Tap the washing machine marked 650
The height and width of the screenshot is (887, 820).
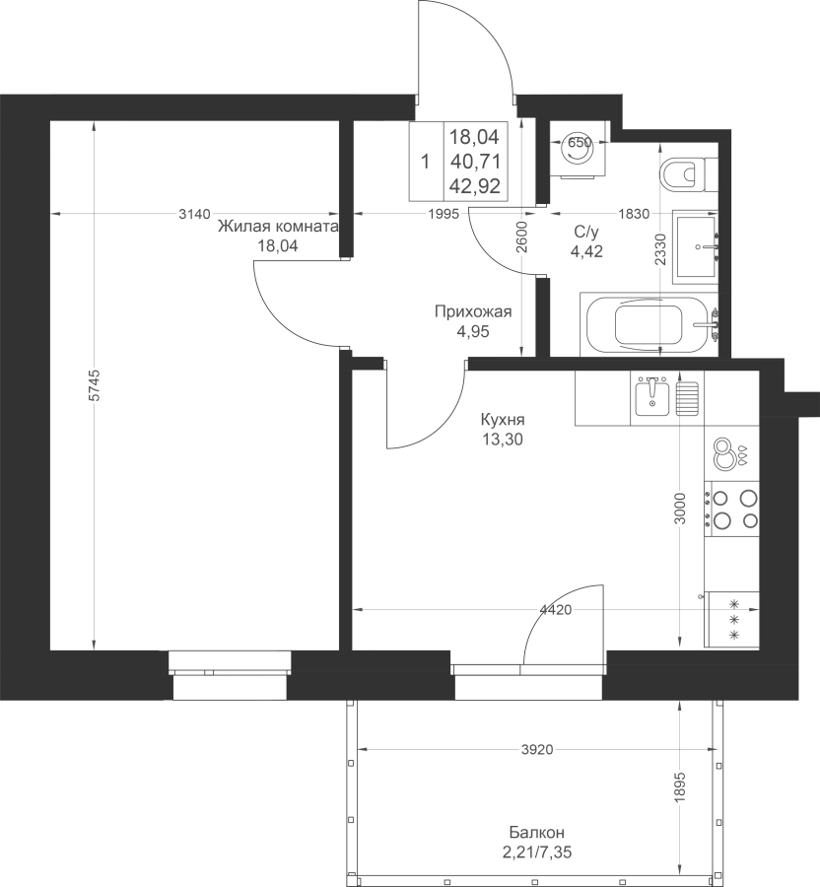coord(580,150)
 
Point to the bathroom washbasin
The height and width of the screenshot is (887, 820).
coord(696,246)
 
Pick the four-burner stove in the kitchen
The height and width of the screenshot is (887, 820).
coord(731,509)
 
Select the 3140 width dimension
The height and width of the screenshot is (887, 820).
coord(194,214)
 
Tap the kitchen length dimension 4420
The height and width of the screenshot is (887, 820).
coord(556,609)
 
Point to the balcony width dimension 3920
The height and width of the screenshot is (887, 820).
coord(537,750)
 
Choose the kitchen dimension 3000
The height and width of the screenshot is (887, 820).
coord(680,509)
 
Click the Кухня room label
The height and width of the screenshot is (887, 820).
coord(503,419)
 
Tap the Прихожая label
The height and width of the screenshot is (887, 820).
coord(473,311)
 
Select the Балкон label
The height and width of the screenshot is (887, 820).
coord(537,832)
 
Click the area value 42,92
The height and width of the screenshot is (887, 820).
coord(475,185)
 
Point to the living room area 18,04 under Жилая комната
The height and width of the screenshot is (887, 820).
coord(278,245)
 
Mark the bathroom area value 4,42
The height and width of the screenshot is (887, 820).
coord(586,250)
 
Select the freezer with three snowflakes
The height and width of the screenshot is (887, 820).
coord(731,620)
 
